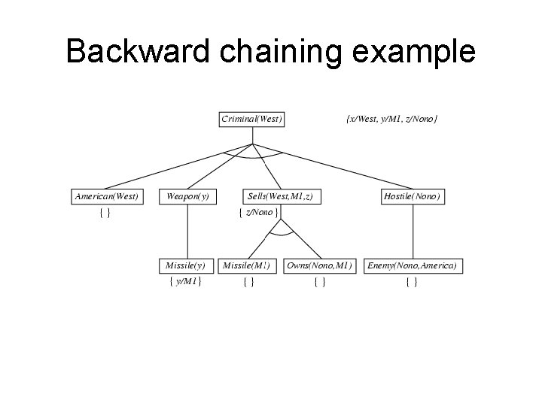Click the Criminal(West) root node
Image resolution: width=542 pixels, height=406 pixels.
(x=252, y=119)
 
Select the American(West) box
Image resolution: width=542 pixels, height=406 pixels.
(x=107, y=196)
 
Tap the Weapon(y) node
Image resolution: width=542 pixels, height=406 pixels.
(x=187, y=196)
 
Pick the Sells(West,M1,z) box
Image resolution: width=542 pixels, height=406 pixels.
(x=279, y=196)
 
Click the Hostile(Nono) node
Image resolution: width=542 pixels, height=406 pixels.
(x=413, y=196)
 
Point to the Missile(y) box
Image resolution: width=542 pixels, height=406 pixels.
(x=185, y=265)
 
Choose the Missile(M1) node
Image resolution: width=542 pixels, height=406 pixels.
(x=248, y=265)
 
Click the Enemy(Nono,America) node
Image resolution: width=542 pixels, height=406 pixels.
(x=412, y=265)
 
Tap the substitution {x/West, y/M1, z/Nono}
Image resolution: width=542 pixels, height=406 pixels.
(x=391, y=119)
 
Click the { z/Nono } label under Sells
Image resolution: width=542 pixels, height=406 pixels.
(x=258, y=213)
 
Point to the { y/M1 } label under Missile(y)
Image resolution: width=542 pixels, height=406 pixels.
(x=185, y=282)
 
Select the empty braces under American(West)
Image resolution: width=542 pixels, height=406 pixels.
(x=105, y=213)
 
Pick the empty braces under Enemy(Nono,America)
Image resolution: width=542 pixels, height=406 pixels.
(x=412, y=282)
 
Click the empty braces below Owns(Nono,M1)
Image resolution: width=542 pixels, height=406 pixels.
(x=319, y=282)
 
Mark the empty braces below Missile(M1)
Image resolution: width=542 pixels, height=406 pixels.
(x=248, y=282)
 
